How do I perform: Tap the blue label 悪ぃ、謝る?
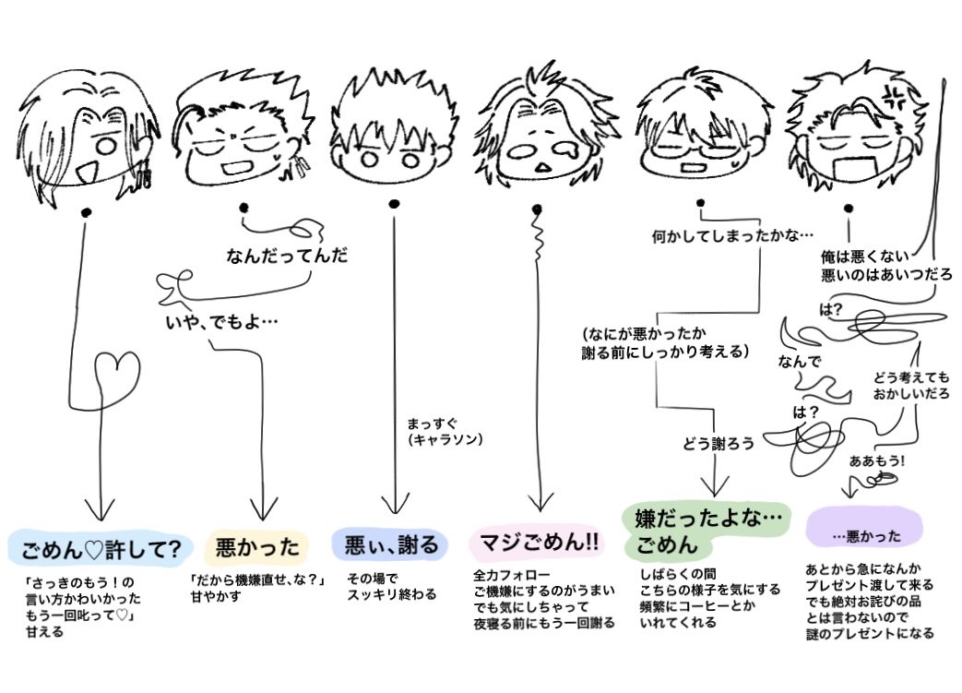click(x=391, y=544)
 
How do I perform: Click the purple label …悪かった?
click(x=864, y=536)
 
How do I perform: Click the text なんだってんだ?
click(x=287, y=256)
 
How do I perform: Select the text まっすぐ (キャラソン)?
click(x=445, y=432)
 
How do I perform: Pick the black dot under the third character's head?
click(x=394, y=203)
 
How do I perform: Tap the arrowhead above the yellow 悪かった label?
click(x=265, y=507)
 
